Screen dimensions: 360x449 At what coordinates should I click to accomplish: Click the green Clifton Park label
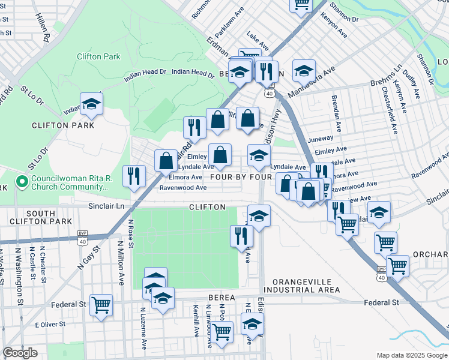98,57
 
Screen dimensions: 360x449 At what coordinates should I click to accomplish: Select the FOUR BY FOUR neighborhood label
241,178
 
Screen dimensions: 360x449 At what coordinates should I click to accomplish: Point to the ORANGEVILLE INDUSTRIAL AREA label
306,286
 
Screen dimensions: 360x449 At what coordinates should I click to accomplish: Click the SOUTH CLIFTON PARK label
41,218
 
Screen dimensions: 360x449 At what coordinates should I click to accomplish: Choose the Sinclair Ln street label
107,206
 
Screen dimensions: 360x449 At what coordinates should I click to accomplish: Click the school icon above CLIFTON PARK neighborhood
91,104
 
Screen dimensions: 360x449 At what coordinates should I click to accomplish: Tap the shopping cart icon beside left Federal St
101,304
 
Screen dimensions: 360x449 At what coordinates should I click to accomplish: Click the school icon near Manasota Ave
304,70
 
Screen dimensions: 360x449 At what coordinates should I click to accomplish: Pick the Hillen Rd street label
42,27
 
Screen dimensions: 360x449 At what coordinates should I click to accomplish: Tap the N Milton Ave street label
121,256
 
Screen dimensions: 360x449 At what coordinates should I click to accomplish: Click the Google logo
20,353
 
